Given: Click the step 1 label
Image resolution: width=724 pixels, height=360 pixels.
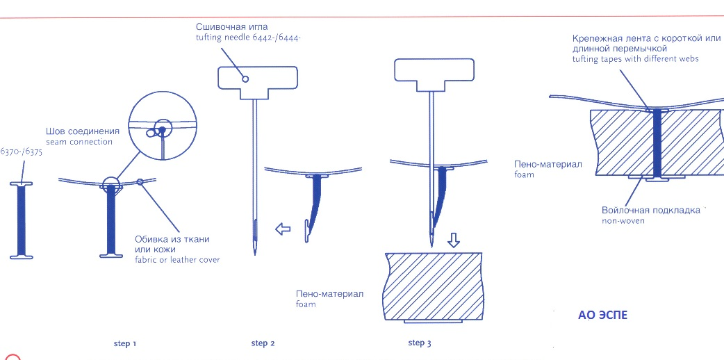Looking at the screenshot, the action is [124, 344].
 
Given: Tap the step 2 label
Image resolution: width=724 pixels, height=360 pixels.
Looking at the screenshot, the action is [263, 343].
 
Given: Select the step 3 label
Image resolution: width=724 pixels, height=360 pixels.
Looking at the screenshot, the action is [420, 343].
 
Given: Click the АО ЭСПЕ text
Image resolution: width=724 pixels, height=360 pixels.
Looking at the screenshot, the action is [602, 315].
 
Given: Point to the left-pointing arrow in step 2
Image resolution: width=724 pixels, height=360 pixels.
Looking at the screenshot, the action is [283, 228].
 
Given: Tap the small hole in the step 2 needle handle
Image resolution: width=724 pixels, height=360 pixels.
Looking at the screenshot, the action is [245, 79].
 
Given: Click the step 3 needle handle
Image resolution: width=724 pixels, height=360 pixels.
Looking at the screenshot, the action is [434, 75].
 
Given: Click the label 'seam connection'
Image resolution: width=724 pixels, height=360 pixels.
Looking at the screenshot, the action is [79, 142].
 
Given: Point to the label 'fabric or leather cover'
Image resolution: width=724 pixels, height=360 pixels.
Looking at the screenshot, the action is [177, 260].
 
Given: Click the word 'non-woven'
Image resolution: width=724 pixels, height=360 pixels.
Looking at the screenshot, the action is [623, 220].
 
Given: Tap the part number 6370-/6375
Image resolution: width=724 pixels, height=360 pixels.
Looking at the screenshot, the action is [22, 152].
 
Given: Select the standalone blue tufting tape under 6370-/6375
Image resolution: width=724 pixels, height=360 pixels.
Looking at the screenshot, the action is [22, 220].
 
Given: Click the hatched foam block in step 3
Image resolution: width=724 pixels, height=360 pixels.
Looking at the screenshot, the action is [434, 287].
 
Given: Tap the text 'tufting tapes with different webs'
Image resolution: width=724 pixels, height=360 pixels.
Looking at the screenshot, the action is [635, 59].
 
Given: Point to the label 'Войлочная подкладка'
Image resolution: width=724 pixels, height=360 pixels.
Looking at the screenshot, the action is [650, 211].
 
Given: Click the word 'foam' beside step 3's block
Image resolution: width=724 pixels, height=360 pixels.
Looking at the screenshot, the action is [306, 304].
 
